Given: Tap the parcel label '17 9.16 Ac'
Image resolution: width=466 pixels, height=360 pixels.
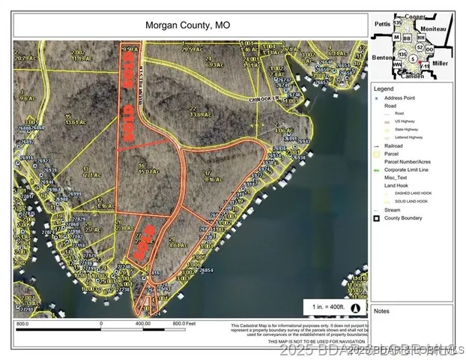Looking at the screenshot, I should [213, 178].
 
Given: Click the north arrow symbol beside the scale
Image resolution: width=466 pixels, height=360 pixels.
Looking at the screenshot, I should [354, 307].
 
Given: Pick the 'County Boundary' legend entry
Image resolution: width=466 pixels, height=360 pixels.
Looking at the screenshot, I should [405, 218].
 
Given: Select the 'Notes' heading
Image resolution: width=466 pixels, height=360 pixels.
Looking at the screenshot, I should [382, 310].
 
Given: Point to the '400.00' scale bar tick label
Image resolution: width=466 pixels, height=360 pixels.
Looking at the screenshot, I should [142, 324].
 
